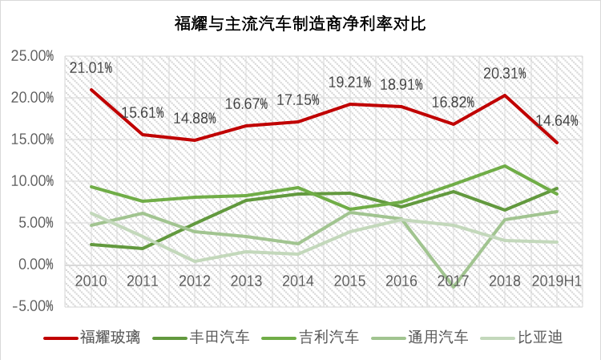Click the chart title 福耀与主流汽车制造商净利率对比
point(300,24)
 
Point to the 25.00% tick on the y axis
point(31,56)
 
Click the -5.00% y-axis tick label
point(31,305)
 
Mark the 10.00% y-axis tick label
point(31,181)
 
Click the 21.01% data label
point(91,67)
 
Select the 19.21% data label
point(350,82)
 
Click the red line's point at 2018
point(505,95)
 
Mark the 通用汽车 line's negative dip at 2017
point(454,285)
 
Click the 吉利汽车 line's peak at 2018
point(505,166)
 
